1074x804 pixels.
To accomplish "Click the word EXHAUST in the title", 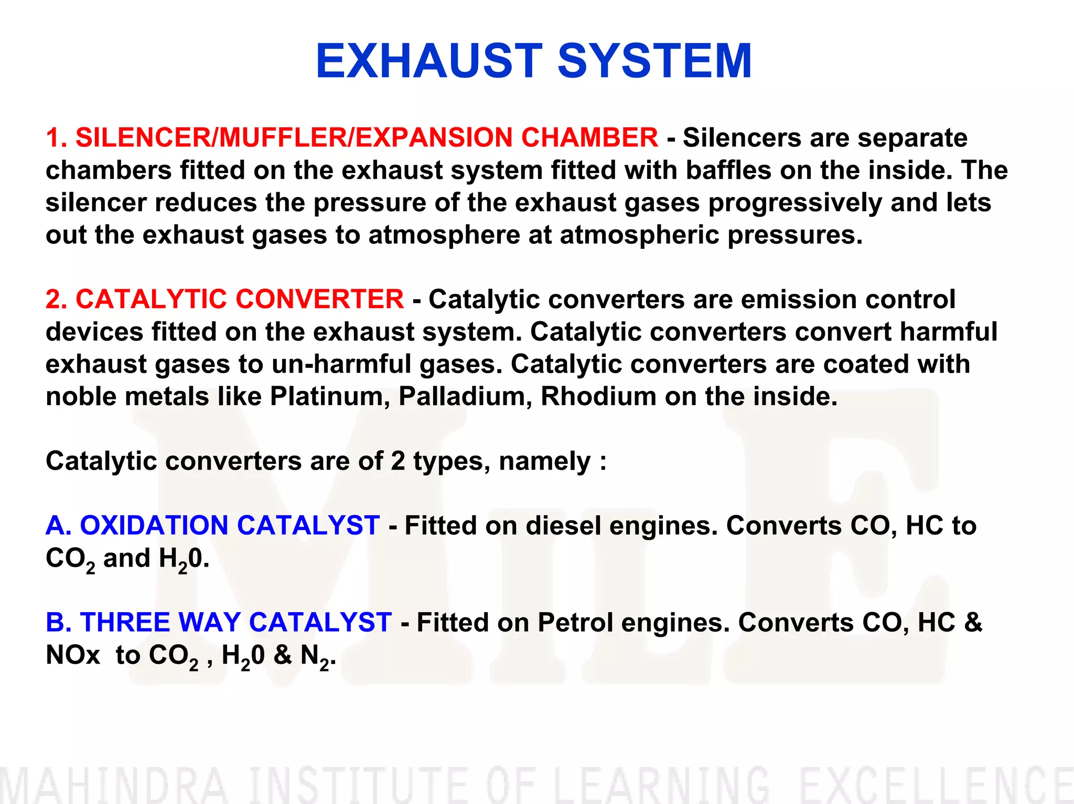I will click(429, 61).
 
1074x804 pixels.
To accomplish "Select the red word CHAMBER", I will click(589, 138).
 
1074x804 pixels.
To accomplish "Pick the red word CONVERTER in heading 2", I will click(319, 299).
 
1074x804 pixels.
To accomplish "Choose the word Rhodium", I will click(598, 397).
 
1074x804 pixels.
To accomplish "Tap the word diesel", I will click(564, 526).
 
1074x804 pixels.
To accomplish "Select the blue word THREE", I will click(125, 623).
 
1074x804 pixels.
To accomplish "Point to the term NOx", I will click(73, 655).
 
